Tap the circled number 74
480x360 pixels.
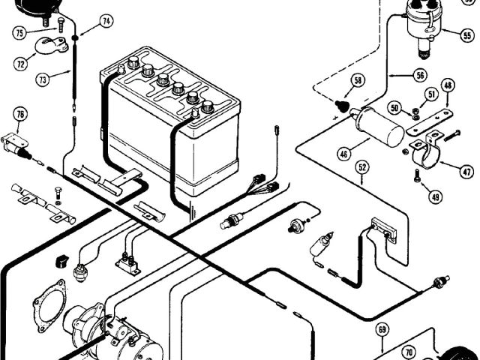tap(106, 22)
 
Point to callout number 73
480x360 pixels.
tap(42, 78)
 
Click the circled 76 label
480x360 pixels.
tap(20, 114)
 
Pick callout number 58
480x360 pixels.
tap(358, 79)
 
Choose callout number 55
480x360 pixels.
tap(467, 34)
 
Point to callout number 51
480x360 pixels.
tap(431, 94)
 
